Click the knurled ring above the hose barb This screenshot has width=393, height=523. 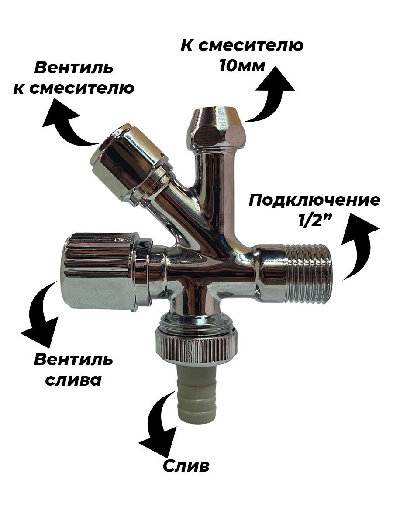(197, 348)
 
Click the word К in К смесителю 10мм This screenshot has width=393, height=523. (187, 45)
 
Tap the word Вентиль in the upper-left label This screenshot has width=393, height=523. (74, 68)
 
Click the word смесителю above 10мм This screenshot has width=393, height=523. (251, 45)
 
